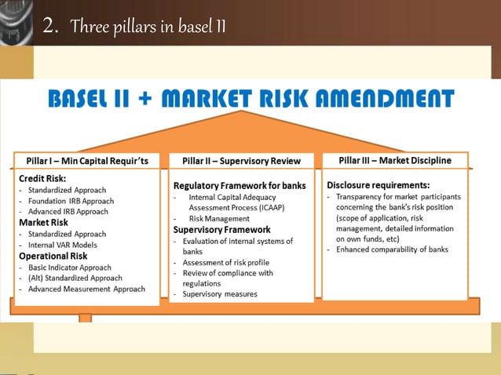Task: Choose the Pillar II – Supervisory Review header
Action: point(241,162)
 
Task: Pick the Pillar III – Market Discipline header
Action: point(395,161)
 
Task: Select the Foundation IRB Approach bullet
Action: point(71,201)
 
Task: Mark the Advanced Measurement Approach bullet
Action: point(86,289)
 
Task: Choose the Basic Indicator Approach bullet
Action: point(70,267)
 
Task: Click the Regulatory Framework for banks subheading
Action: point(240,186)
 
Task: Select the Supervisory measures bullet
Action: point(219,294)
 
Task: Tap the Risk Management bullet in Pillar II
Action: point(219,219)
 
